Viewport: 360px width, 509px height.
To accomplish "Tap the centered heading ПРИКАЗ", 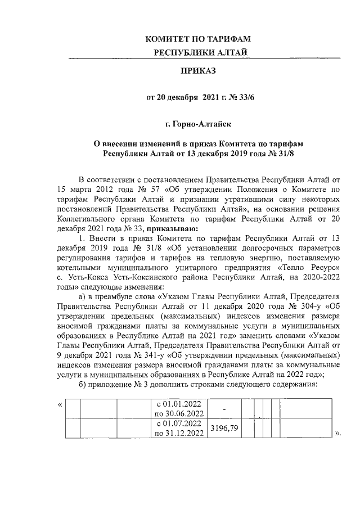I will point(197,71).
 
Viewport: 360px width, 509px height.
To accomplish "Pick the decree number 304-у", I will point(309,307).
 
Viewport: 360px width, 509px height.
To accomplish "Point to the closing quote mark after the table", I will point(338,434).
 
